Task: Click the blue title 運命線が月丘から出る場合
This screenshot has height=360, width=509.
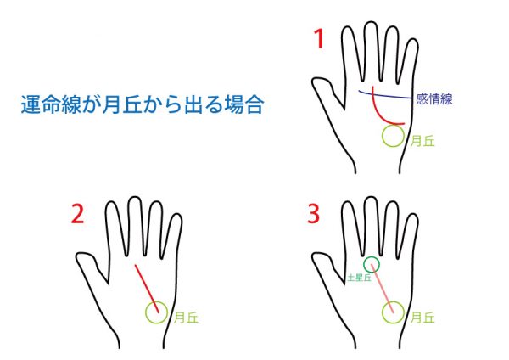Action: point(143,104)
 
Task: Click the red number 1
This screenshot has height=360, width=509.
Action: point(320,39)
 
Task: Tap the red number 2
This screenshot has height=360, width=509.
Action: point(77,215)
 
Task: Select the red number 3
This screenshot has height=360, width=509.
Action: point(314,215)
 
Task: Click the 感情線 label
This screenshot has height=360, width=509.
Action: point(434,98)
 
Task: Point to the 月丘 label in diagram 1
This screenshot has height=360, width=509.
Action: point(422,141)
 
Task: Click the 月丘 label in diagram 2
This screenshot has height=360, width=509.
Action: point(186,318)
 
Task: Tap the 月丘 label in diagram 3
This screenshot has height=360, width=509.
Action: point(422,318)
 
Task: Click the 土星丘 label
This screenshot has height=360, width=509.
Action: point(359,278)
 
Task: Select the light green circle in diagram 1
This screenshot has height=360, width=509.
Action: point(383,136)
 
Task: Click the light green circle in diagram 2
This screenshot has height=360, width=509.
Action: point(146,312)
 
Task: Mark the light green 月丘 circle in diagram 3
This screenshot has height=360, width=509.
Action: point(383,312)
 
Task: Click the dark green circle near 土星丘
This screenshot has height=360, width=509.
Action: point(364,264)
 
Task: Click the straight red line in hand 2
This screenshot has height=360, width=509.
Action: point(147,289)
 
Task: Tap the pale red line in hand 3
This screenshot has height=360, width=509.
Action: point(383,289)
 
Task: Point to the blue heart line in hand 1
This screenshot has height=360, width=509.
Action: point(386,95)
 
